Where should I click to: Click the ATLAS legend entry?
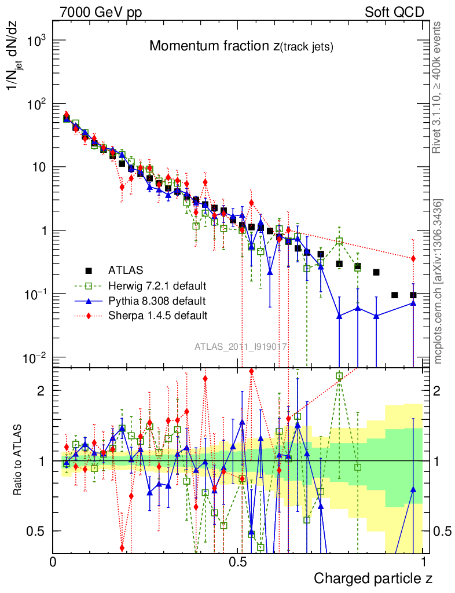[125, 269]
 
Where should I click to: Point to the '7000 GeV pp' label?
[101, 12]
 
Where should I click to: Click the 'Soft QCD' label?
[394, 12]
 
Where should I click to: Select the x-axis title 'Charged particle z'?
[373, 578]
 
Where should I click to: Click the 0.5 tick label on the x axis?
[238, 562]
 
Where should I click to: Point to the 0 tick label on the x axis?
[53, 562]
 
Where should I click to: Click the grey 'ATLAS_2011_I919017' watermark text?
[241, 346]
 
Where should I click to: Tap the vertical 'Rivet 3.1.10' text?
[437, 87]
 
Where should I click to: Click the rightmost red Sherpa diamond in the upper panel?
[413, 258]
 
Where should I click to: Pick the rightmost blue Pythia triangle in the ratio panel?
[413, 489]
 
